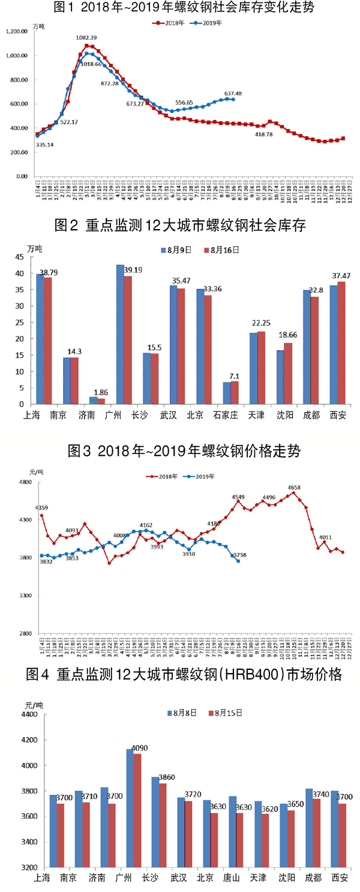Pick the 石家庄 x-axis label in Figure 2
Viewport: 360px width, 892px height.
(230, 415)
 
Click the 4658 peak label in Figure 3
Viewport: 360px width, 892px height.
(294, 488)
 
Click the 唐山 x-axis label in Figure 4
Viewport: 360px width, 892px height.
(231, 878)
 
